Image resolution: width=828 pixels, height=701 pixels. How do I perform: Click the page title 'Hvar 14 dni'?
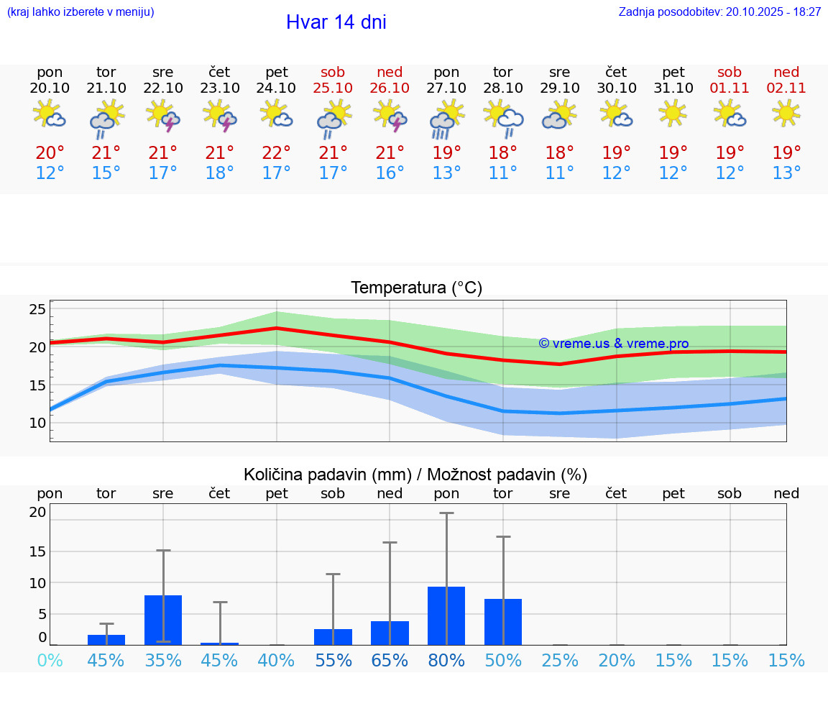click(336, 22)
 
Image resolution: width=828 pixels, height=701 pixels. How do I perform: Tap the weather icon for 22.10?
click(163, 116)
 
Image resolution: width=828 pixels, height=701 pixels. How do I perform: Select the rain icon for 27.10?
click(446, 119)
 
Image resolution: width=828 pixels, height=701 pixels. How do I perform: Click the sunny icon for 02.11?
click(786, 114)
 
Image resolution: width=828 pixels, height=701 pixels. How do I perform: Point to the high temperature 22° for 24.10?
click(277, 153)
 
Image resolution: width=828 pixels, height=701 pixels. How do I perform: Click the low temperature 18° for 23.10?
click(220, 173)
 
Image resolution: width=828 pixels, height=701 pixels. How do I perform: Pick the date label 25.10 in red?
click(333, 88)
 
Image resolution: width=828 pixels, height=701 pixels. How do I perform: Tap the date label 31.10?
click(673, 88)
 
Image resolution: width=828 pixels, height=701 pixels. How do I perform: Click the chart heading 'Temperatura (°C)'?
click(416, 288)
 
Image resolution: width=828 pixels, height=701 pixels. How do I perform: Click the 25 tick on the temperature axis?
click(37, 310)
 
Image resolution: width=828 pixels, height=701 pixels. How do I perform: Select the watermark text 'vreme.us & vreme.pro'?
click(614, 344)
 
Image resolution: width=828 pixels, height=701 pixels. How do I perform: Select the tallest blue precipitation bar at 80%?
click(446, 616)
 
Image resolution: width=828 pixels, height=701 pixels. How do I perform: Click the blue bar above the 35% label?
click(163, 620)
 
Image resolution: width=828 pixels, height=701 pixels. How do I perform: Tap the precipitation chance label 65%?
click(390, 661)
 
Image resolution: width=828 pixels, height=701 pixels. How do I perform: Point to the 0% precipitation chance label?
click(50, 661)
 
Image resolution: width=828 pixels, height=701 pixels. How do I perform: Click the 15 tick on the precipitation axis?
click(37, 551)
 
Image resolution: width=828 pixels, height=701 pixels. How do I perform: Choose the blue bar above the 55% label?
click(333, 637)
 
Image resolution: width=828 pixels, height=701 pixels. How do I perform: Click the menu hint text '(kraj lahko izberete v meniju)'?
click(80, 12)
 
